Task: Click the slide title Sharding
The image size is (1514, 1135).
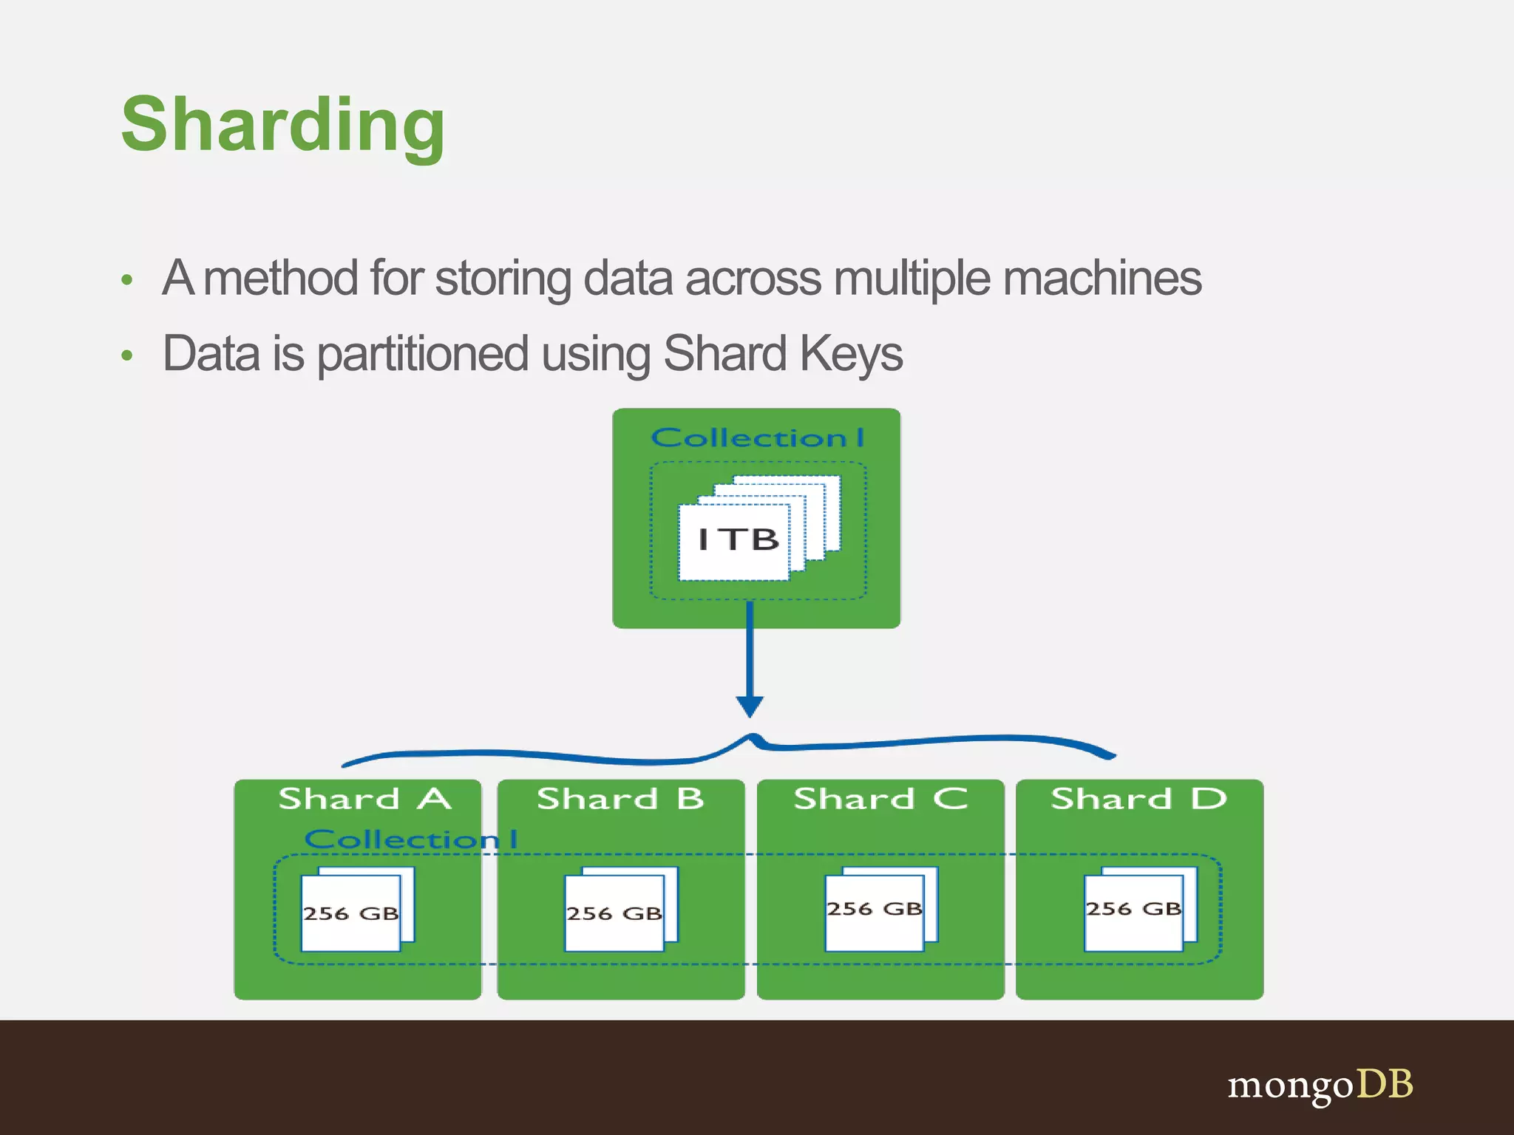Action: pyautogui.click(x=283, y=126)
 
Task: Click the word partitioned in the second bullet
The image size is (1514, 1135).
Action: pyautogui.click(x=422, y=355)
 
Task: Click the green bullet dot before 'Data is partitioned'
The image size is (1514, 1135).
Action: pyautogui.click(x=127, y=355)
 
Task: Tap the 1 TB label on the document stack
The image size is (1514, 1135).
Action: pyautogui.click(x=738, y=539)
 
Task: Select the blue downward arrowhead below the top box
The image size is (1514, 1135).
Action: pyautogui.click(x=750, y=706)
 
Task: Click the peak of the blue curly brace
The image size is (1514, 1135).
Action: pyautogui.click(x=752, y=737)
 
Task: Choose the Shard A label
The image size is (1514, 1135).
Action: pyautogui.click(x=364, y=799)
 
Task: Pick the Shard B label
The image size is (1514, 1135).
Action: pyautogui.click(x=620, y=799)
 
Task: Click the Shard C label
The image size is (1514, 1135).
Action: pyautogui.click(x=880, y=799)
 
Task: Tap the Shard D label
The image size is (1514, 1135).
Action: pyautogui.click(x=1138, y=799)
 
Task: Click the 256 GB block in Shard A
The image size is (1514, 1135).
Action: pyautogui.click(x=351, y=913)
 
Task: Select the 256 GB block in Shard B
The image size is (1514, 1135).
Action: pyautogui.click(x=614, y=913)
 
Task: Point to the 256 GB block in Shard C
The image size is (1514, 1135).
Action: pyautogui.click(x=875, y=909)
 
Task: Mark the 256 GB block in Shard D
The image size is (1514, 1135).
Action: pyautogui.click(x=1133, y=909)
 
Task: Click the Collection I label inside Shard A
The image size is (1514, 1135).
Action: pyautogui.click(x=410, y=839)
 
